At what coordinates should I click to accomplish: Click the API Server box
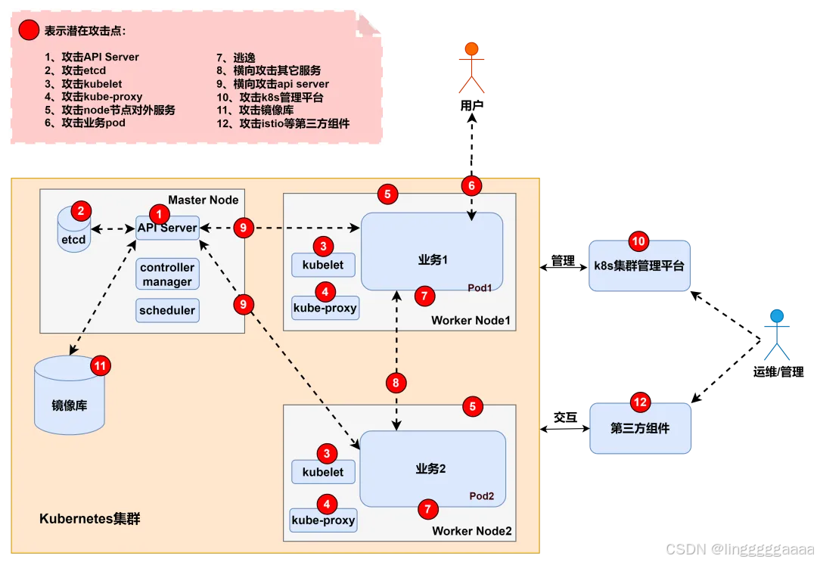(167, 228)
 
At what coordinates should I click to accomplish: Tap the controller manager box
(167, 275)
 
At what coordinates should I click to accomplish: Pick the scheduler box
(167, 310)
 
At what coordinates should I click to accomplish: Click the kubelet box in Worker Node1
(323, 265)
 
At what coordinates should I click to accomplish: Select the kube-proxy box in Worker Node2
(323, 520)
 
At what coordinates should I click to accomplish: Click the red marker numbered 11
(100, 366)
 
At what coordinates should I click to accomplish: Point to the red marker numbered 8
(396, 383)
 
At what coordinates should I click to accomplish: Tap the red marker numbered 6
(471, 186)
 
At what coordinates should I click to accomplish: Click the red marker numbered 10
(639, 242)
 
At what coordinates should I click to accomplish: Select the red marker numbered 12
(640, 402)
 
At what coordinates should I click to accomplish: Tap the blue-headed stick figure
(776, 336)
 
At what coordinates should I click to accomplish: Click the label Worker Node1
(471, 321)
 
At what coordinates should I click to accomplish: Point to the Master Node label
(203, 200)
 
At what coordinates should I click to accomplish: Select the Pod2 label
(481, 496)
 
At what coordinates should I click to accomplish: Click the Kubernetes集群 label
(90, 520)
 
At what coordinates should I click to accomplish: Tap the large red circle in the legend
(29, 31)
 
